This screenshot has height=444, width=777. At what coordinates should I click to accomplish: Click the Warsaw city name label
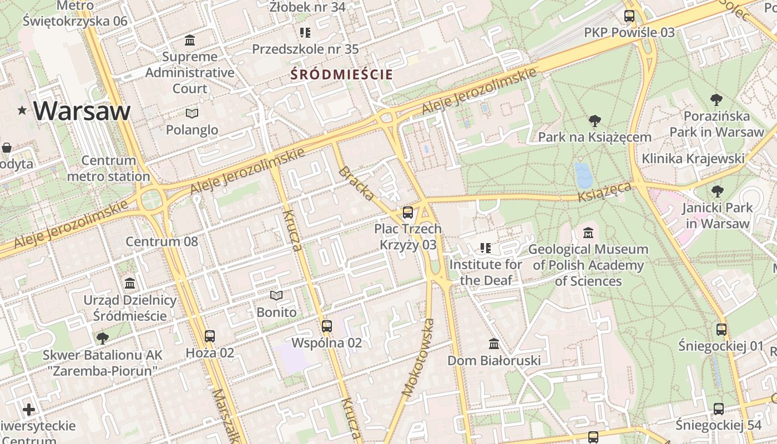(x=82, y=111)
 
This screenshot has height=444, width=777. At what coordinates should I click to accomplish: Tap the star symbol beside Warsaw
(x=22, y=110)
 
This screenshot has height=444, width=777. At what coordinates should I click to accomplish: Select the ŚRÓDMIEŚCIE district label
(x=341, y=74)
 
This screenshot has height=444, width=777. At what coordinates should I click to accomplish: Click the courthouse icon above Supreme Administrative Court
(x=190, y=40)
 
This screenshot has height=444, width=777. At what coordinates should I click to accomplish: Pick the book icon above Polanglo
(x=192, y=113)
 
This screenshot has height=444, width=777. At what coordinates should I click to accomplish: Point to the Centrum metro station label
(x=109, y=169)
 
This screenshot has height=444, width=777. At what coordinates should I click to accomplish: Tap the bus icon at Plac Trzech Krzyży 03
(x=408, y=212)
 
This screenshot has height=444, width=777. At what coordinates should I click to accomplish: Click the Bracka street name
(x=356, y=183)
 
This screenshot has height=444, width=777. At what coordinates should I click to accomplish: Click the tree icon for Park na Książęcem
(x=594, y=120)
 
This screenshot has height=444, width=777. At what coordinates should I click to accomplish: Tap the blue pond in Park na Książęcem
(x=583, y=175)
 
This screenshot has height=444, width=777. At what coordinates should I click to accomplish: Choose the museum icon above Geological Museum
(x=588, y=233)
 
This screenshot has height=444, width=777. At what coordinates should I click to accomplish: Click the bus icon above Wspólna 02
(x=327, y=326)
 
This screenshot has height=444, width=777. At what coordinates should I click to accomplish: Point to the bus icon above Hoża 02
(x=210, y=336)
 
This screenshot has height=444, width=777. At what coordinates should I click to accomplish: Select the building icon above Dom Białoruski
(x=494, y=344)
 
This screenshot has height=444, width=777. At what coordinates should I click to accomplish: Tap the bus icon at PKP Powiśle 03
(x=629, y=16)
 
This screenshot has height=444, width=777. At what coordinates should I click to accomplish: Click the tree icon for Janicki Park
(x=718, y=191)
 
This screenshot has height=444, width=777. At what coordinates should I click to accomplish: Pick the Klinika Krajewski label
(x=693, y=159)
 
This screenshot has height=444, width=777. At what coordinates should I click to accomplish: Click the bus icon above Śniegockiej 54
(x=719, y=409)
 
